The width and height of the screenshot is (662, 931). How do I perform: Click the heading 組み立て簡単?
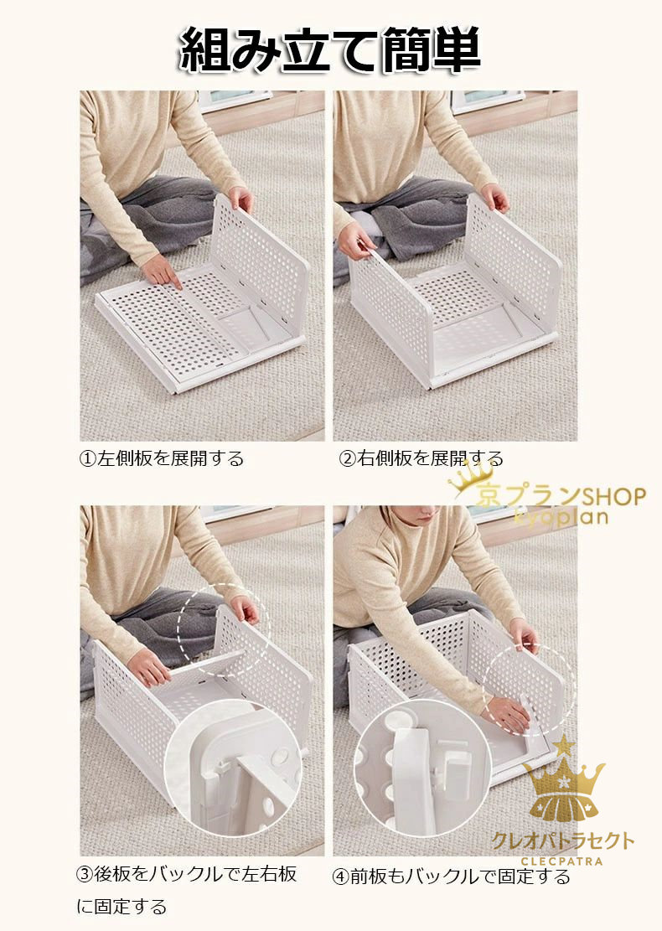tap(330, 50)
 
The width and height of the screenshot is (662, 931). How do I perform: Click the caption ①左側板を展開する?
tap(162, 458)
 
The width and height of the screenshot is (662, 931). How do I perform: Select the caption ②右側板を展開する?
tap(421, 458)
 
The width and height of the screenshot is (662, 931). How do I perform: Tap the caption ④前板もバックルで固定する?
tap(451, 877)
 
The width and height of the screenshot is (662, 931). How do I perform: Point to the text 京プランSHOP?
tap(561, 496)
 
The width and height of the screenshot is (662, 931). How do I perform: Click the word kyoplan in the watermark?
tap(561, 516)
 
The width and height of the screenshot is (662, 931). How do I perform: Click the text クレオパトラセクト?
tap(563, 840)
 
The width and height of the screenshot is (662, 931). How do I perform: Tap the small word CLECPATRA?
tap(561, 861)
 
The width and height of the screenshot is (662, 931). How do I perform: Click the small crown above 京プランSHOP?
tap(471, 477)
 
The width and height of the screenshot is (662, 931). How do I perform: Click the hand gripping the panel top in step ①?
tap(241, 199)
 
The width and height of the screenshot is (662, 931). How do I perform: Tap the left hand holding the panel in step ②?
tap(355, 240)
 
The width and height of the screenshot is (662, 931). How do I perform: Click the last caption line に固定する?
tap(122, 907)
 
